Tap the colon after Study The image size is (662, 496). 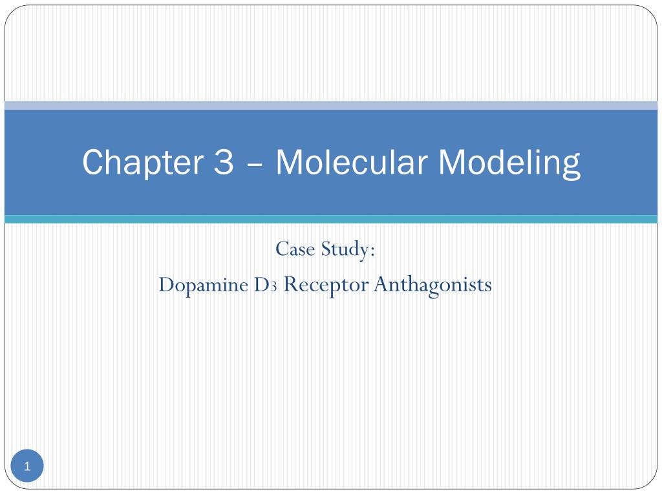(373, 251)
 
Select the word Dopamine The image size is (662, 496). (200, 285)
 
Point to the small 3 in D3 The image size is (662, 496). (274, 287)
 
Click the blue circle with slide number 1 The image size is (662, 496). (27, 466)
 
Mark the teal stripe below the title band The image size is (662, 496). (331, 220)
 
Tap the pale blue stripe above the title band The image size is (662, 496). (331, 105)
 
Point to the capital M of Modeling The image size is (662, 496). (452, 162)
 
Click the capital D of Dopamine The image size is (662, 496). (166, 285)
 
